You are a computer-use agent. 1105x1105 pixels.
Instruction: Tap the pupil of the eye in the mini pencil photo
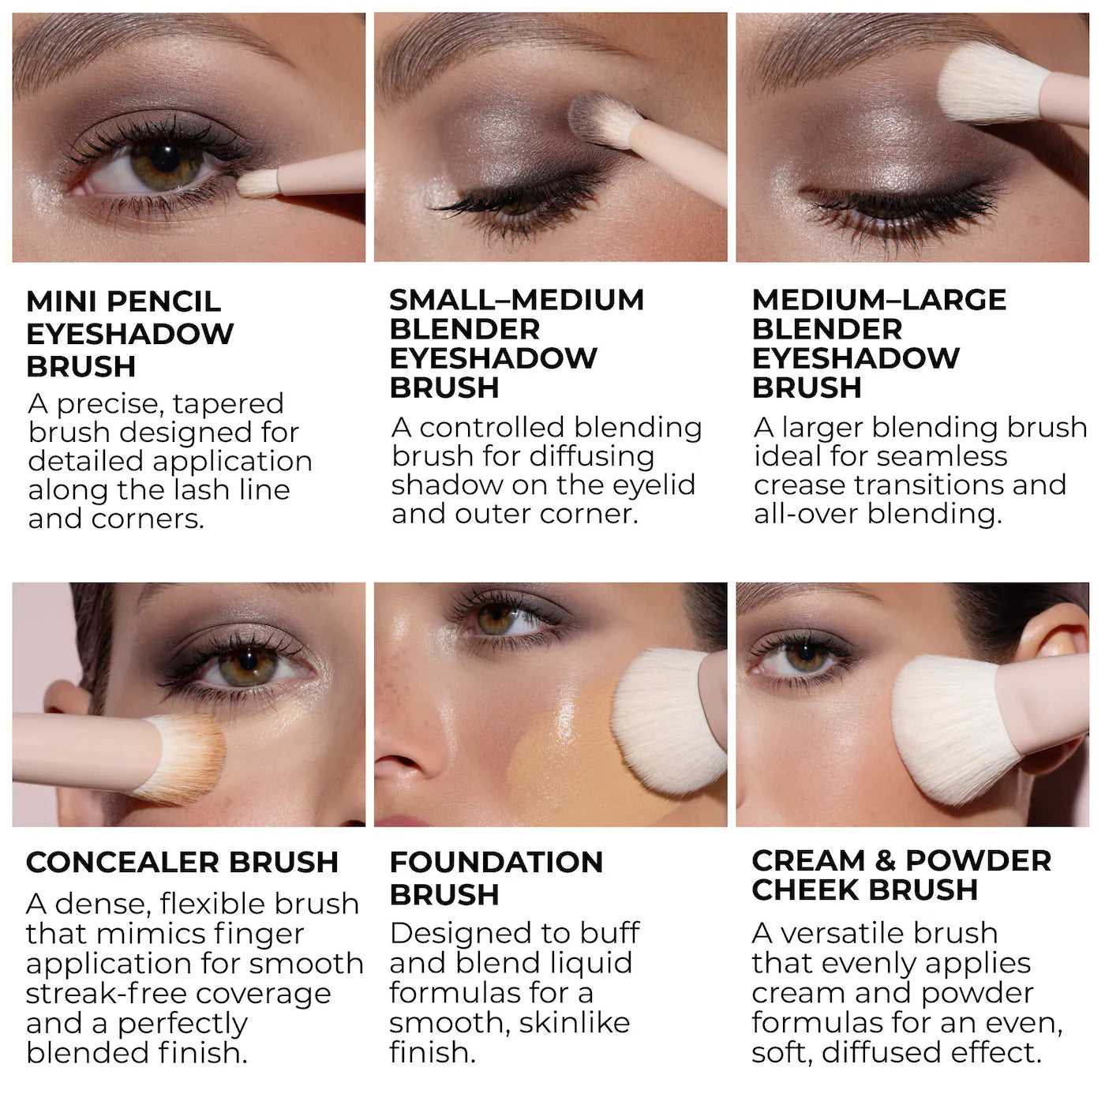point(167,158)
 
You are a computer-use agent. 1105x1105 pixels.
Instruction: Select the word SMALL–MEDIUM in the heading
point(517,300)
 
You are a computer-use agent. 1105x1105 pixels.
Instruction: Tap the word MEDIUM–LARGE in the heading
point(879,300)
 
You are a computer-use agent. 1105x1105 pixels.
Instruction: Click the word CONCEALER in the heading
point(122,863)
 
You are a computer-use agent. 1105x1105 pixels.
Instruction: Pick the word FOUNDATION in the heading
point(496,862)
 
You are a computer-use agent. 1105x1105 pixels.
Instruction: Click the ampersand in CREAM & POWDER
point(886,861)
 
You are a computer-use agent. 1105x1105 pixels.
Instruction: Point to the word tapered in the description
point(228,404)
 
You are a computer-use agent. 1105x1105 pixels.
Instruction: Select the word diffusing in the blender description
point(591,457)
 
